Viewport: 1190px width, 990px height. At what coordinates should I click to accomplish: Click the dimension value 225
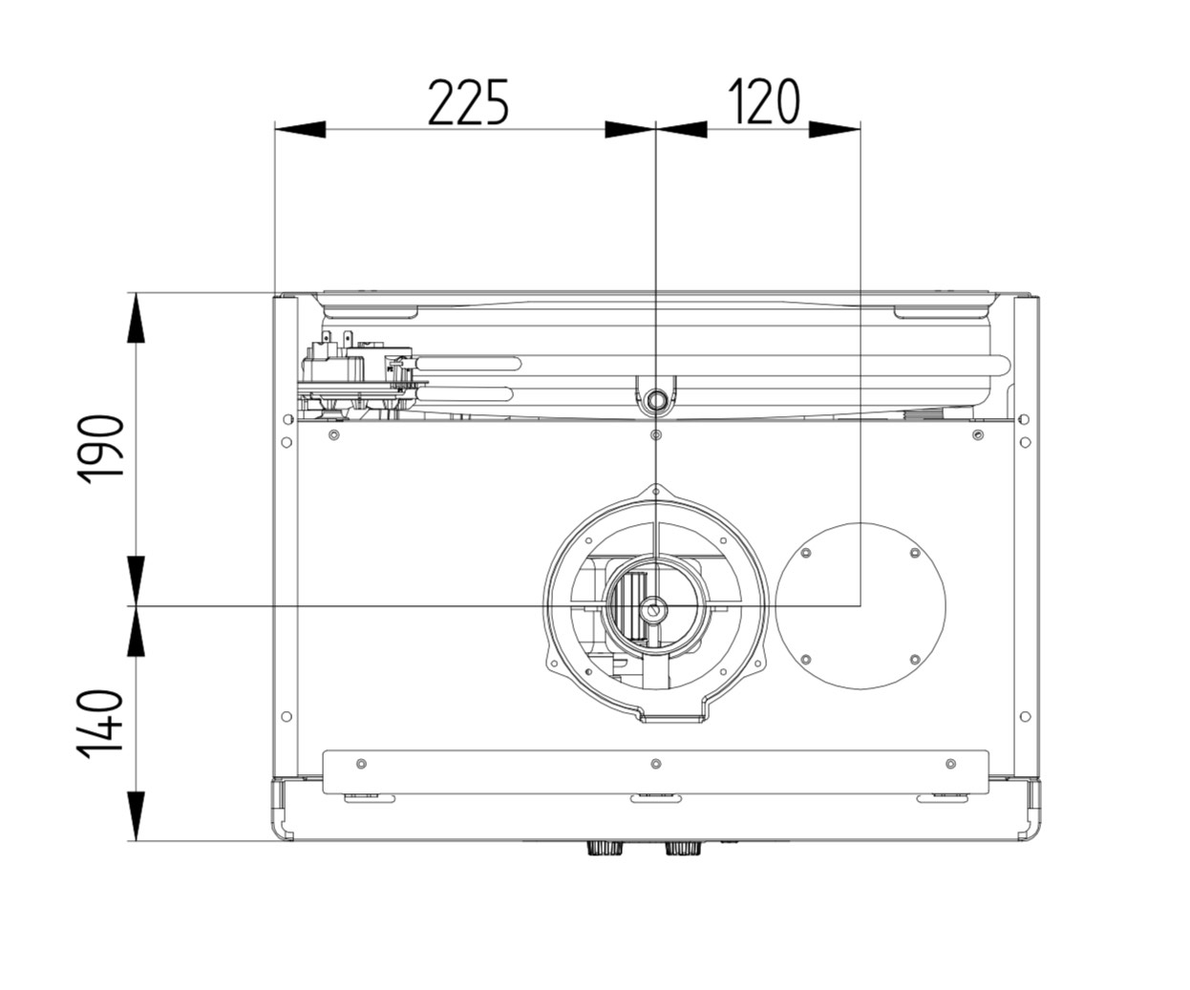click(x=467, y=102)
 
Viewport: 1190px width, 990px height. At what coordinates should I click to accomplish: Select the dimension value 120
click(x=764, y=102)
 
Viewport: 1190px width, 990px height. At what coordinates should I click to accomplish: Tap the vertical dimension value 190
click(x=100, y=450)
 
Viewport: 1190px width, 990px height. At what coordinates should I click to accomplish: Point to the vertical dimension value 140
click(x=100, y=724)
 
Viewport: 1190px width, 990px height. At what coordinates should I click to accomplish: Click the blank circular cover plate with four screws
click(x=861, y=606)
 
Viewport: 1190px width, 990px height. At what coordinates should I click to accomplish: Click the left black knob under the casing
click(x=605, y=848)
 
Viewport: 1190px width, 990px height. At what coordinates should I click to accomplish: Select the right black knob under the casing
click(x=683, y=848)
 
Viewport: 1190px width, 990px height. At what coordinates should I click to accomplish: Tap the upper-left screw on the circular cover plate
click(x=806, y=553)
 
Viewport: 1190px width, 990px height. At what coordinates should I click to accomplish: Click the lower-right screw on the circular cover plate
click(x=915, y=660)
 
